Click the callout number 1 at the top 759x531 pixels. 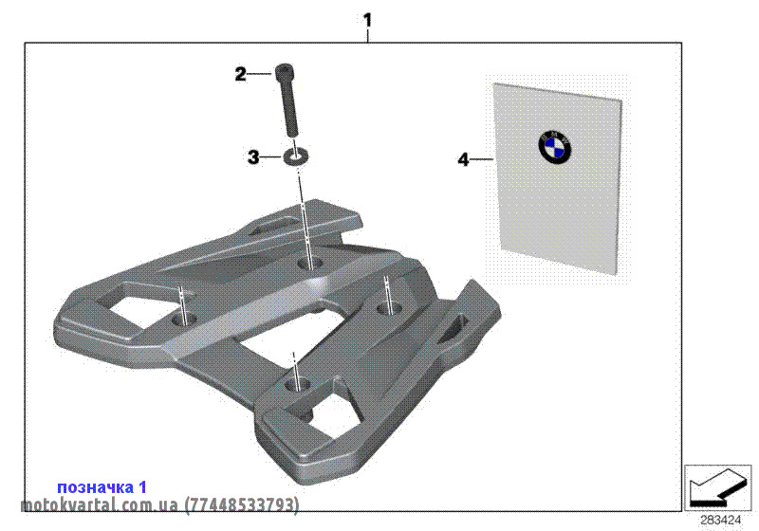pos(368,19)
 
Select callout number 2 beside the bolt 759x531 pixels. pos(241,73)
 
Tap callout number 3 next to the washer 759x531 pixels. pos(253,158)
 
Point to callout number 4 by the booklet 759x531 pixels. pos(463,160)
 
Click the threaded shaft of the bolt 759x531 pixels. pos(288,108)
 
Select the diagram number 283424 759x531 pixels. pos(721,519)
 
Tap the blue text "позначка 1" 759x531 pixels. pos(102,486)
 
